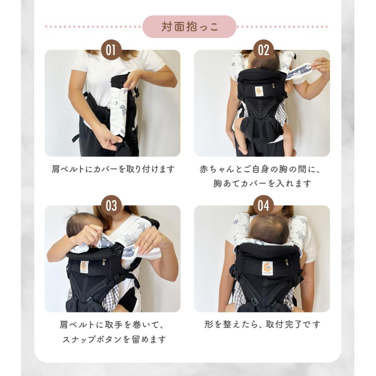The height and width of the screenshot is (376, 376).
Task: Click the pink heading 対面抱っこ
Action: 189,27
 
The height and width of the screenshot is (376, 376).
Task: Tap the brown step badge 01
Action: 111,51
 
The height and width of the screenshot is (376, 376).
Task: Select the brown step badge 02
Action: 263,51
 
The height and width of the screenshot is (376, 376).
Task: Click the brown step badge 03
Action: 111,206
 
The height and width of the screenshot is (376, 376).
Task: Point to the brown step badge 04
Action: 263,206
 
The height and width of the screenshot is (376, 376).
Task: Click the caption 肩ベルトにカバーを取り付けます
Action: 113,169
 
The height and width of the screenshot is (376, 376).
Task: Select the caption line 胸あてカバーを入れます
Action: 262,183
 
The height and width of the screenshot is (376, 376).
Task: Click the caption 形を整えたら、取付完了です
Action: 262,324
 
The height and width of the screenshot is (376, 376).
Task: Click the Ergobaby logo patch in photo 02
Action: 259,91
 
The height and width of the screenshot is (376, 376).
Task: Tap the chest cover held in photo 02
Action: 303,69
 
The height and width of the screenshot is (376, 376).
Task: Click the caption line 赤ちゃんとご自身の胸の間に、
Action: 262,169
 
